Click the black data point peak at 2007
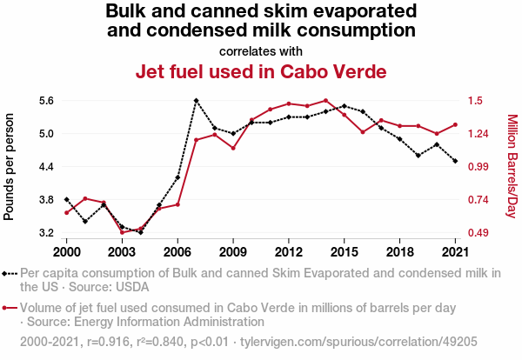coord(196,101)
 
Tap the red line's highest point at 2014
coord(325,100)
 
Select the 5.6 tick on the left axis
coord(46,101)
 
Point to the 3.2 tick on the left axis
coord(46,233)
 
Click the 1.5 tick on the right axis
coord(474,101)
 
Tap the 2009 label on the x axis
coord(233,252)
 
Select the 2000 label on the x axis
coord(66,252)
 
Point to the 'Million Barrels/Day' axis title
coord(512,166)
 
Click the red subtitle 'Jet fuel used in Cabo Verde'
coord(260,71)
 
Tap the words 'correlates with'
coord(260,50)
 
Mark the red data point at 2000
coord(66,212)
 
